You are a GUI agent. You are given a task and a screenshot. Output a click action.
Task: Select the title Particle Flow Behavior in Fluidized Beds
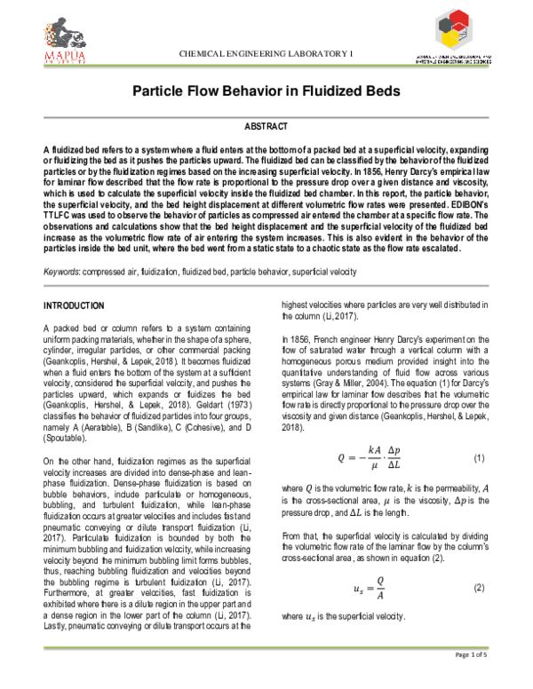pos(267,92)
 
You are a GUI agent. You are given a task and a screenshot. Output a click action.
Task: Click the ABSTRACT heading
pos(266,128)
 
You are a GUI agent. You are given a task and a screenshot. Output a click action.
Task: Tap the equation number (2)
pos(479,589)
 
